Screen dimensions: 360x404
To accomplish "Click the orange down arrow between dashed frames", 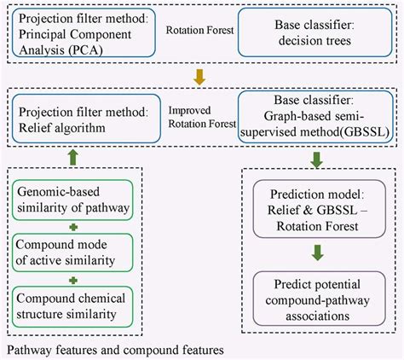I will coord(200,77).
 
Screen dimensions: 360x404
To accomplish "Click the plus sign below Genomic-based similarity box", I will coord(72,226).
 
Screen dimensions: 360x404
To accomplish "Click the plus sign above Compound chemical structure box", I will coord(72,279).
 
